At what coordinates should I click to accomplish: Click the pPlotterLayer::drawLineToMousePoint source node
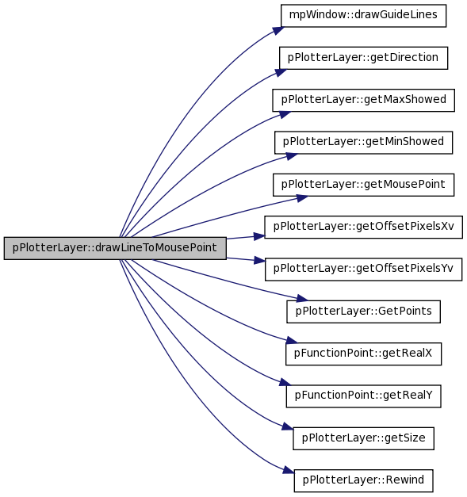tap(115, 248)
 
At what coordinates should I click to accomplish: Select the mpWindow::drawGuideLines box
tap(363, 16)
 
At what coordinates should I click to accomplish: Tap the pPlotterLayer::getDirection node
tap(363, 58)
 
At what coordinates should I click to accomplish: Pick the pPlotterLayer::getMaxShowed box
tap(363, 100)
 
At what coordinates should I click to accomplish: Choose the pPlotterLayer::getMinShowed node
tap(363, 143)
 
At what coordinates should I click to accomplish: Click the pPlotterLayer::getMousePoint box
tap(363, 185)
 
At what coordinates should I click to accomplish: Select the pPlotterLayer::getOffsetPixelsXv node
tap(363, 227)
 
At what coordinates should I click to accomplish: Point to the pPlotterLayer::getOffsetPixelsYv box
tap(363, 270)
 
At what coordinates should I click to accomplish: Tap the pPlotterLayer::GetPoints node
tap(363, 312)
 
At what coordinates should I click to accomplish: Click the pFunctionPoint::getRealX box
tap(363, 354)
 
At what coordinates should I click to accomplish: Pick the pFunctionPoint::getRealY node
tap(363, 396)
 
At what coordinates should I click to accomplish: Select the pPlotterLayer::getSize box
tap(363, 438)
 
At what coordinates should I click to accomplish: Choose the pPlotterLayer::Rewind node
tap(363, 481)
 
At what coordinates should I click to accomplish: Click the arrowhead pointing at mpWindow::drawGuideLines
tap(278, 30)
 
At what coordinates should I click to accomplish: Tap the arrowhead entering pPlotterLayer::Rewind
tap(288, 470)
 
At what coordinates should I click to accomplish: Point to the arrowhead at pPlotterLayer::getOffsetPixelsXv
tap(259, 236)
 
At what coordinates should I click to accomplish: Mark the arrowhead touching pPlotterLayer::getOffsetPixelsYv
tap(259, 261)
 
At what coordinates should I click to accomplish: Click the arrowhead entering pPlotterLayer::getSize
tap(287, 426)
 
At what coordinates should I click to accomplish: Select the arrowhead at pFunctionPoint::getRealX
tap(292, 340)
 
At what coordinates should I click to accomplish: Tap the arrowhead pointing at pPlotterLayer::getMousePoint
tap(302, 198)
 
